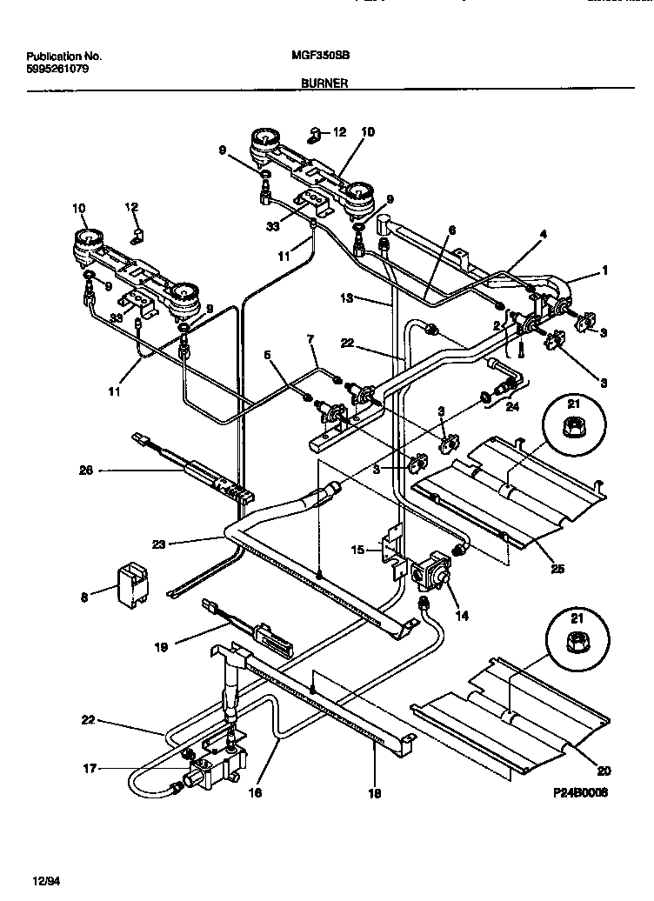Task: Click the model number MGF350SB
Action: pos(316,53)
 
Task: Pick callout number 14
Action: pos(462,615)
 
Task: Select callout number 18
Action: pos(374,793)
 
